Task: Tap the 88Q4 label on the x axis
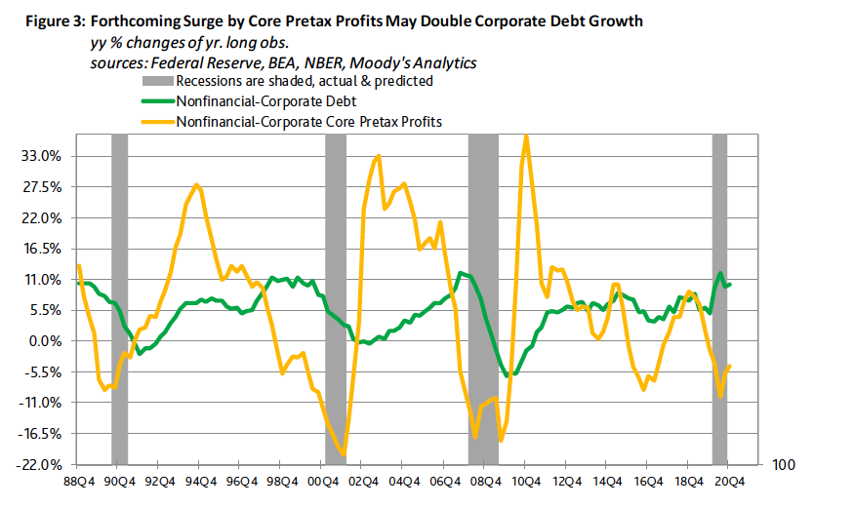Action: pyautogui.click(x=78, y=481)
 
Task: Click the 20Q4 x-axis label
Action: pyautogui.click(x=731, y=481)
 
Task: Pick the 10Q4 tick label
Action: pyautogui.click(x=527, y=481)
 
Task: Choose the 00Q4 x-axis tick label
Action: pyautogui.click(x=323, y=481)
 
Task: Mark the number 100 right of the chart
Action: pyautogui.click(x=785, y=467)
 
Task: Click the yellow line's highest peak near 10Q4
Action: pyautogui.click(x=527, y=136)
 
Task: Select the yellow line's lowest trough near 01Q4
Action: pyautogui.click(x=344, y=453)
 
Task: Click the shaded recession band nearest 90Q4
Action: pyautogui.click(x=119, y=292)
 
